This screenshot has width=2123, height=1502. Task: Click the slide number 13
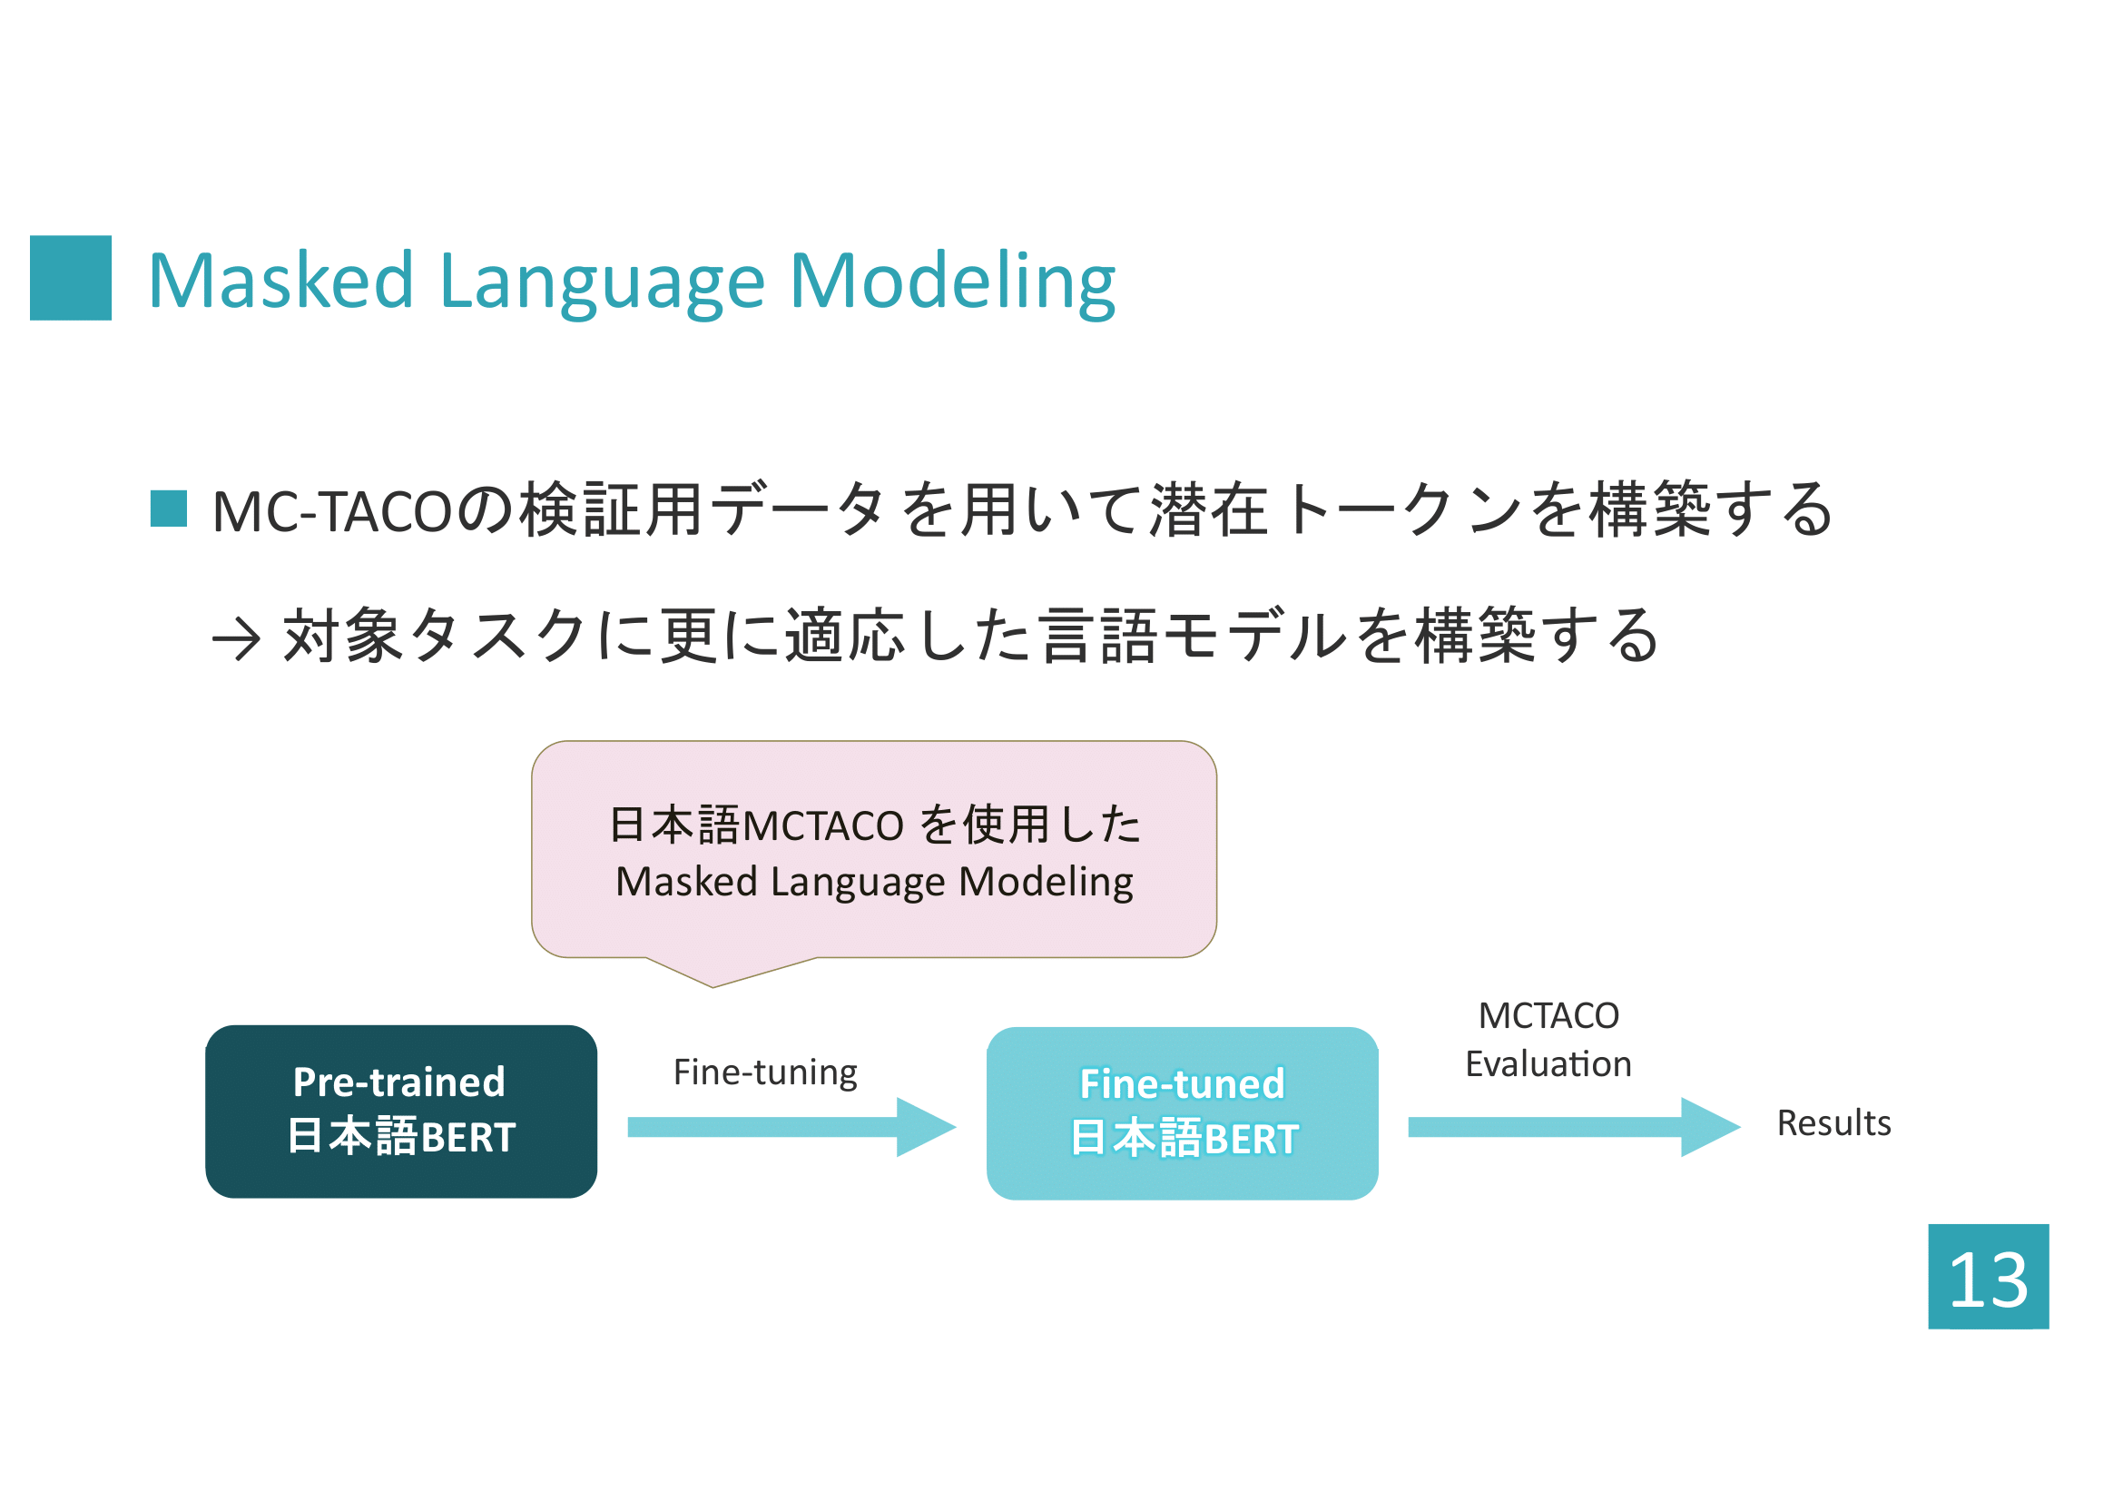coord(1988,1280)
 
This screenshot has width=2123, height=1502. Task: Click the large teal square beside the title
coord(70,278)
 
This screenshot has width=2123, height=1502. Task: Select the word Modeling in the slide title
coord(953,285)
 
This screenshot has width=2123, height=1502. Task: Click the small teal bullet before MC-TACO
coord(168,509)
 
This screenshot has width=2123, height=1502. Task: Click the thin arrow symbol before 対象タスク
coord(236,639)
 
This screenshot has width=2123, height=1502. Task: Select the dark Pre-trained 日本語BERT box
coord(401,1111)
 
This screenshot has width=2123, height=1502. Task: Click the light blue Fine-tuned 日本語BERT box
coord(1183,1112)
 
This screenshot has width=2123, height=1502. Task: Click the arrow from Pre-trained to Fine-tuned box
coord(791,1126)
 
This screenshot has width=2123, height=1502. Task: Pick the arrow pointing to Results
coord(1574,1126)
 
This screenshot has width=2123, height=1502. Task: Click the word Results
coord(1833,1122)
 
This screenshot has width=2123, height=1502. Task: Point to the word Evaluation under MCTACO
coord(1548,1063)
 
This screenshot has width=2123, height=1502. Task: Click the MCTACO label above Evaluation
coord(1548,1015)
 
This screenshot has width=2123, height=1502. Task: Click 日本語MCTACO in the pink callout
coord(756,824)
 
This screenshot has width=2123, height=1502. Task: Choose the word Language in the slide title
coord(602,285)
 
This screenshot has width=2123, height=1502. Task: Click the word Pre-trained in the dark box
coord(398,1082)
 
